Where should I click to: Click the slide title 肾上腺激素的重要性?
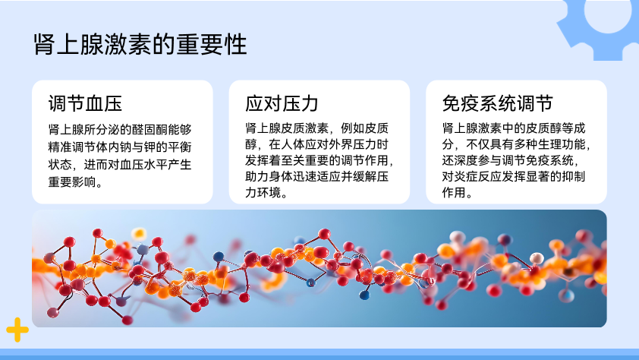(x=140, y=45)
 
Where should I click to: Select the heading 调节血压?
(x=85, y=103)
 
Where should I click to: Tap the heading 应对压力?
(x=282, y=103)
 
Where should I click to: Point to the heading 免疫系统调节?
(x=498, y=103)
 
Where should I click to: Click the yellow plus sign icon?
(x=17, y=330)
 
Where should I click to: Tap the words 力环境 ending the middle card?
(x=263, y=192)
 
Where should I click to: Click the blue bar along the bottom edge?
(x=319, y=354)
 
